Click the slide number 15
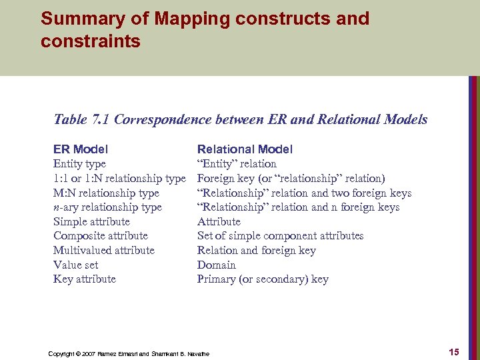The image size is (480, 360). pos(453,352)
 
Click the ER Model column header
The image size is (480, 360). pos(81,149)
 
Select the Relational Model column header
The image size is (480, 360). pos(245,149)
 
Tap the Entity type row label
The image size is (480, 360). pos(79,164)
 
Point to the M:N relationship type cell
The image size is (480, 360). pos(106,193)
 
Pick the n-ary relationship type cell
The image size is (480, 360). pos(107,207)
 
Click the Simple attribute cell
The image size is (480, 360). pos(91,222)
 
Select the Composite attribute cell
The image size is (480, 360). pos(101,236)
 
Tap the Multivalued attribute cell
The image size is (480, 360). pos(103,251)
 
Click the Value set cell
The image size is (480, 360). pos(75,265)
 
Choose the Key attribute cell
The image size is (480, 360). pos(85,279)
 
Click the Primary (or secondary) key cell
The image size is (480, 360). pos(263,279)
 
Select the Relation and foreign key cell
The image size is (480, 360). pos(257,251)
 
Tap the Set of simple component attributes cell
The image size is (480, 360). pos(280,236)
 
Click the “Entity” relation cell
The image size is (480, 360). pos(237,164)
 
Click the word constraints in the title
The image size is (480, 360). pos(91,41)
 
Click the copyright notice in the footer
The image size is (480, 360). pos(129,353)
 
